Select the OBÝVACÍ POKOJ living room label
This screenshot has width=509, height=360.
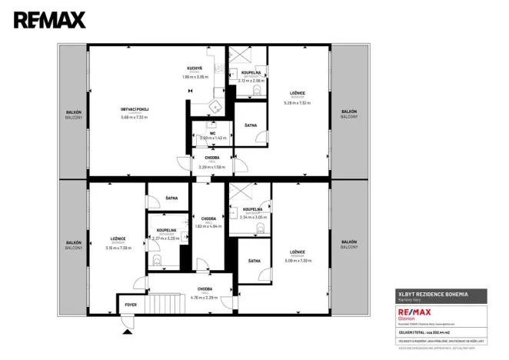pos(135,110)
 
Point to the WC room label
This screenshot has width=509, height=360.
pos(208,132)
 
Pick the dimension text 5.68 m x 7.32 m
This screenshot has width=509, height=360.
pos(135,118)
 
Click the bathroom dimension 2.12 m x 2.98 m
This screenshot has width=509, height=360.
pos(251,80)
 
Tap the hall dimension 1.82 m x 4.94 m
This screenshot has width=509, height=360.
pos(208,226)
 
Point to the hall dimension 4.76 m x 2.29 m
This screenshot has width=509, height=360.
pos(205,297)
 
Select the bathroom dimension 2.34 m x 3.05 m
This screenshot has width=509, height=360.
pos(253,217)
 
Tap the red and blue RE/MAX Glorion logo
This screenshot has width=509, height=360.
pos(412,313)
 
